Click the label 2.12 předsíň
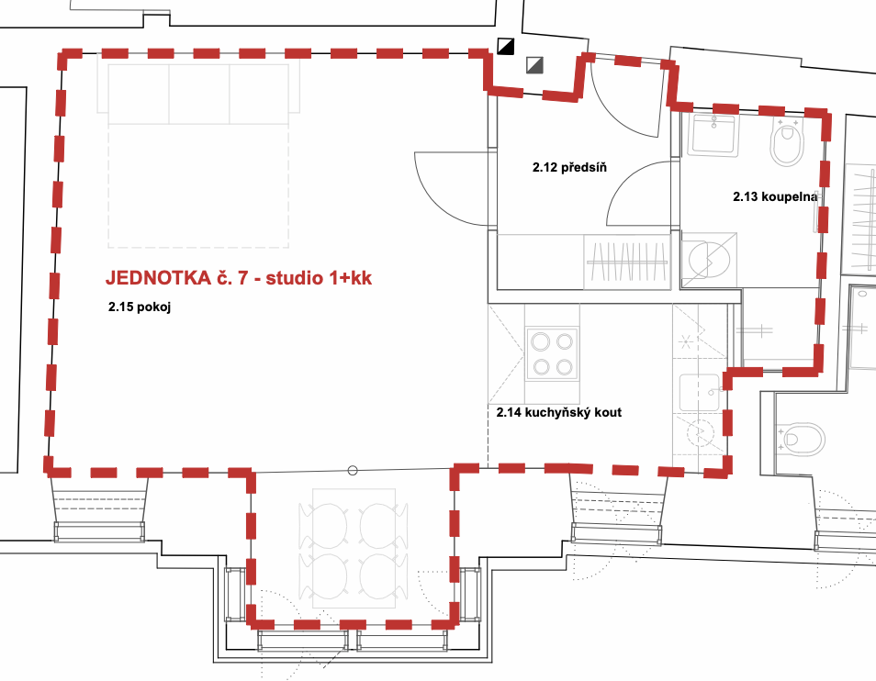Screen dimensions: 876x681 point(569,167)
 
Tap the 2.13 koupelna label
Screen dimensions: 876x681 point(775,196)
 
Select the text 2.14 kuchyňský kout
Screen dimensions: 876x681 point(558,412)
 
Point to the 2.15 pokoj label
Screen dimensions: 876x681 point(139,307)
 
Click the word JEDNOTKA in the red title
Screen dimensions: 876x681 point(158,277)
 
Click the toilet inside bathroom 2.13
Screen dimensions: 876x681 point(787,141)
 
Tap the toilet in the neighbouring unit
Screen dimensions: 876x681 point(802,439)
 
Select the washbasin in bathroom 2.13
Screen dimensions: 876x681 point(713,135)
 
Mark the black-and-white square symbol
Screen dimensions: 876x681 point(506,46)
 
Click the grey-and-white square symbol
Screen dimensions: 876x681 point(534,65)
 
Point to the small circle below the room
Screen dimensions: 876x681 point(353,471)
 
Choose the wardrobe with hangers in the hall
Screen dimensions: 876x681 point(627,262)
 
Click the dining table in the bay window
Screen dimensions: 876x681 point(354,548)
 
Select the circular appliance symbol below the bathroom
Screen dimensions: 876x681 point(709,260)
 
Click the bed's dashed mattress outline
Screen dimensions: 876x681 point(198,184)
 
